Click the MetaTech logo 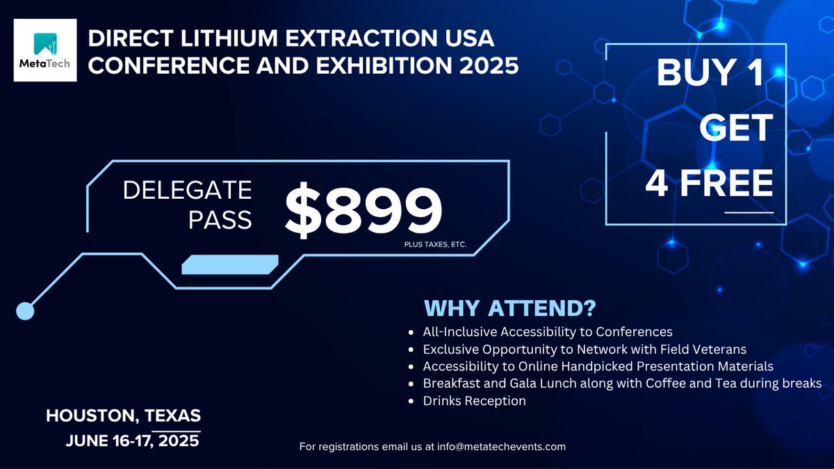(45, 50)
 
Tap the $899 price (363, 209)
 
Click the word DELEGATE (188, 190)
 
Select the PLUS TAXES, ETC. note (434, 245)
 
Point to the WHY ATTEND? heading (511, 308)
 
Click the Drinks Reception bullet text (474, 401)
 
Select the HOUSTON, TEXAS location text (124, 416)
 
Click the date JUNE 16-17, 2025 (133, 441)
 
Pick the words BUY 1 (710, 74)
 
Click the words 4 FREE (709, 183)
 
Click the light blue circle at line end (25, 311)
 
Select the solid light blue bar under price (230, 265)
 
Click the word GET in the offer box (736, 129)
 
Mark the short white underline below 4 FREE (749, 211)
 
